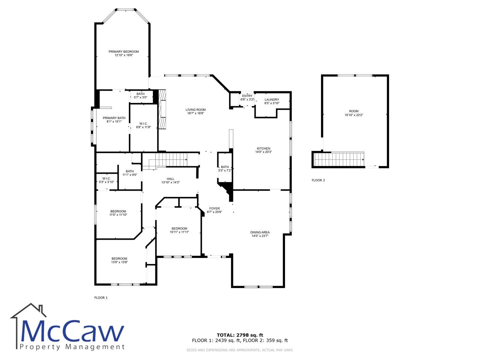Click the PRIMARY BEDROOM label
tap(124, 52)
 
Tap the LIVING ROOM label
tap(195, 110)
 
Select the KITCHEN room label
tap(263, 148)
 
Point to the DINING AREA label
tap(260, 232)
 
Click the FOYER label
tap(214, 209)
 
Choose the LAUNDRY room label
tap(272, 100)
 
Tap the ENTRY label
tap(247, 96)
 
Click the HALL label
tap(170, 179)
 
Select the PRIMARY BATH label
tap(114, 118)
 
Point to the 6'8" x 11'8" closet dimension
tap(143, 127)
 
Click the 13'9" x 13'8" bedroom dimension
tap(119, 262)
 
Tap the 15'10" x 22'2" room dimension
tap(354, 115)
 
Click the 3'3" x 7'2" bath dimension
tap(225, 170)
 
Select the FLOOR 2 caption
tap(318, 180)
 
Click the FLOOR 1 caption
tap(101, 298)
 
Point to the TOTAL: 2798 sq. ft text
tap(240, 335)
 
